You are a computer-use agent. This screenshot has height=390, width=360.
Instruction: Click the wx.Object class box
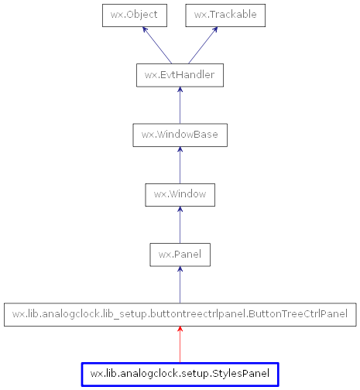tap(135, 15)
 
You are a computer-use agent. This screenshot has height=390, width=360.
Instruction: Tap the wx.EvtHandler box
tap(180, 75)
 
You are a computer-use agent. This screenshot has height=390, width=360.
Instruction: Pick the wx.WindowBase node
tap(180, 135)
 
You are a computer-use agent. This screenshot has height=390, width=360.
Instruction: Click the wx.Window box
tap(180, 194)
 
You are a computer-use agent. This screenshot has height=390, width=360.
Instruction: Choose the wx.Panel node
tap(180, 254)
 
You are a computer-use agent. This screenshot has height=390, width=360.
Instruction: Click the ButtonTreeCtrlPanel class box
tap(180, 314)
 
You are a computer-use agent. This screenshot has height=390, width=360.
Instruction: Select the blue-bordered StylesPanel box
tap(180, 374)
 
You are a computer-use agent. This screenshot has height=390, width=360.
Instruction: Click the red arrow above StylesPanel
tap(180, 346)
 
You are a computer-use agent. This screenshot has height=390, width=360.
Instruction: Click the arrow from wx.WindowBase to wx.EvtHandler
tap(180, 106)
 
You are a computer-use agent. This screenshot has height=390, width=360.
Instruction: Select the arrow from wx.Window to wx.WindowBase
tap(180, 166)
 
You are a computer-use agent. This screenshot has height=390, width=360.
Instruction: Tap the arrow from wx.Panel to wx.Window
tap(180, 225)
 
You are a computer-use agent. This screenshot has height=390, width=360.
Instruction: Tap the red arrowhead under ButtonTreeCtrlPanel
tap(180, 330)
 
